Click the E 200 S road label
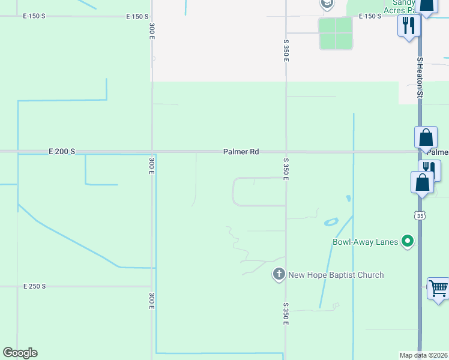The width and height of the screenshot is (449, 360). pos(62,152)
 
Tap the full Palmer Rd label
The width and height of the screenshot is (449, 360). pos(241,152)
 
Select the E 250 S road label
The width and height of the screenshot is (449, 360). pos(35,287)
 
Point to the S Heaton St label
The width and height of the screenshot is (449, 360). pos(421,78)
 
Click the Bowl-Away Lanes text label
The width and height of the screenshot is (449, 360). pos(365,242)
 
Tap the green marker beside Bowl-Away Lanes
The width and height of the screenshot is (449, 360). pos(408,242)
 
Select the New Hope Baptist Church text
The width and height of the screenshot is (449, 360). pos(336,275)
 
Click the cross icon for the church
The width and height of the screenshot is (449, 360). pos(279,275)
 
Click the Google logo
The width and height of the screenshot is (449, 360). pos(20,353)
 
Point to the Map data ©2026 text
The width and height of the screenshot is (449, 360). pos(423,355)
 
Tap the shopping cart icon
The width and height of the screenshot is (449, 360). pos(438,288)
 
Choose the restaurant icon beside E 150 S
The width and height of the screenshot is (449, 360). pos(409,25)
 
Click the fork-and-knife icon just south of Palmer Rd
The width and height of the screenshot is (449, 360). pos(430,168)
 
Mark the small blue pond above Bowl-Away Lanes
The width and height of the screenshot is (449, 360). pos(331,222)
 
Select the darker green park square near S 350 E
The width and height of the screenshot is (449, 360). pos(336,33)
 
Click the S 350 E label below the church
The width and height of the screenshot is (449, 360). pos(286,314)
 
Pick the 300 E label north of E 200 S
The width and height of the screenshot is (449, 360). pos(152,31)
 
